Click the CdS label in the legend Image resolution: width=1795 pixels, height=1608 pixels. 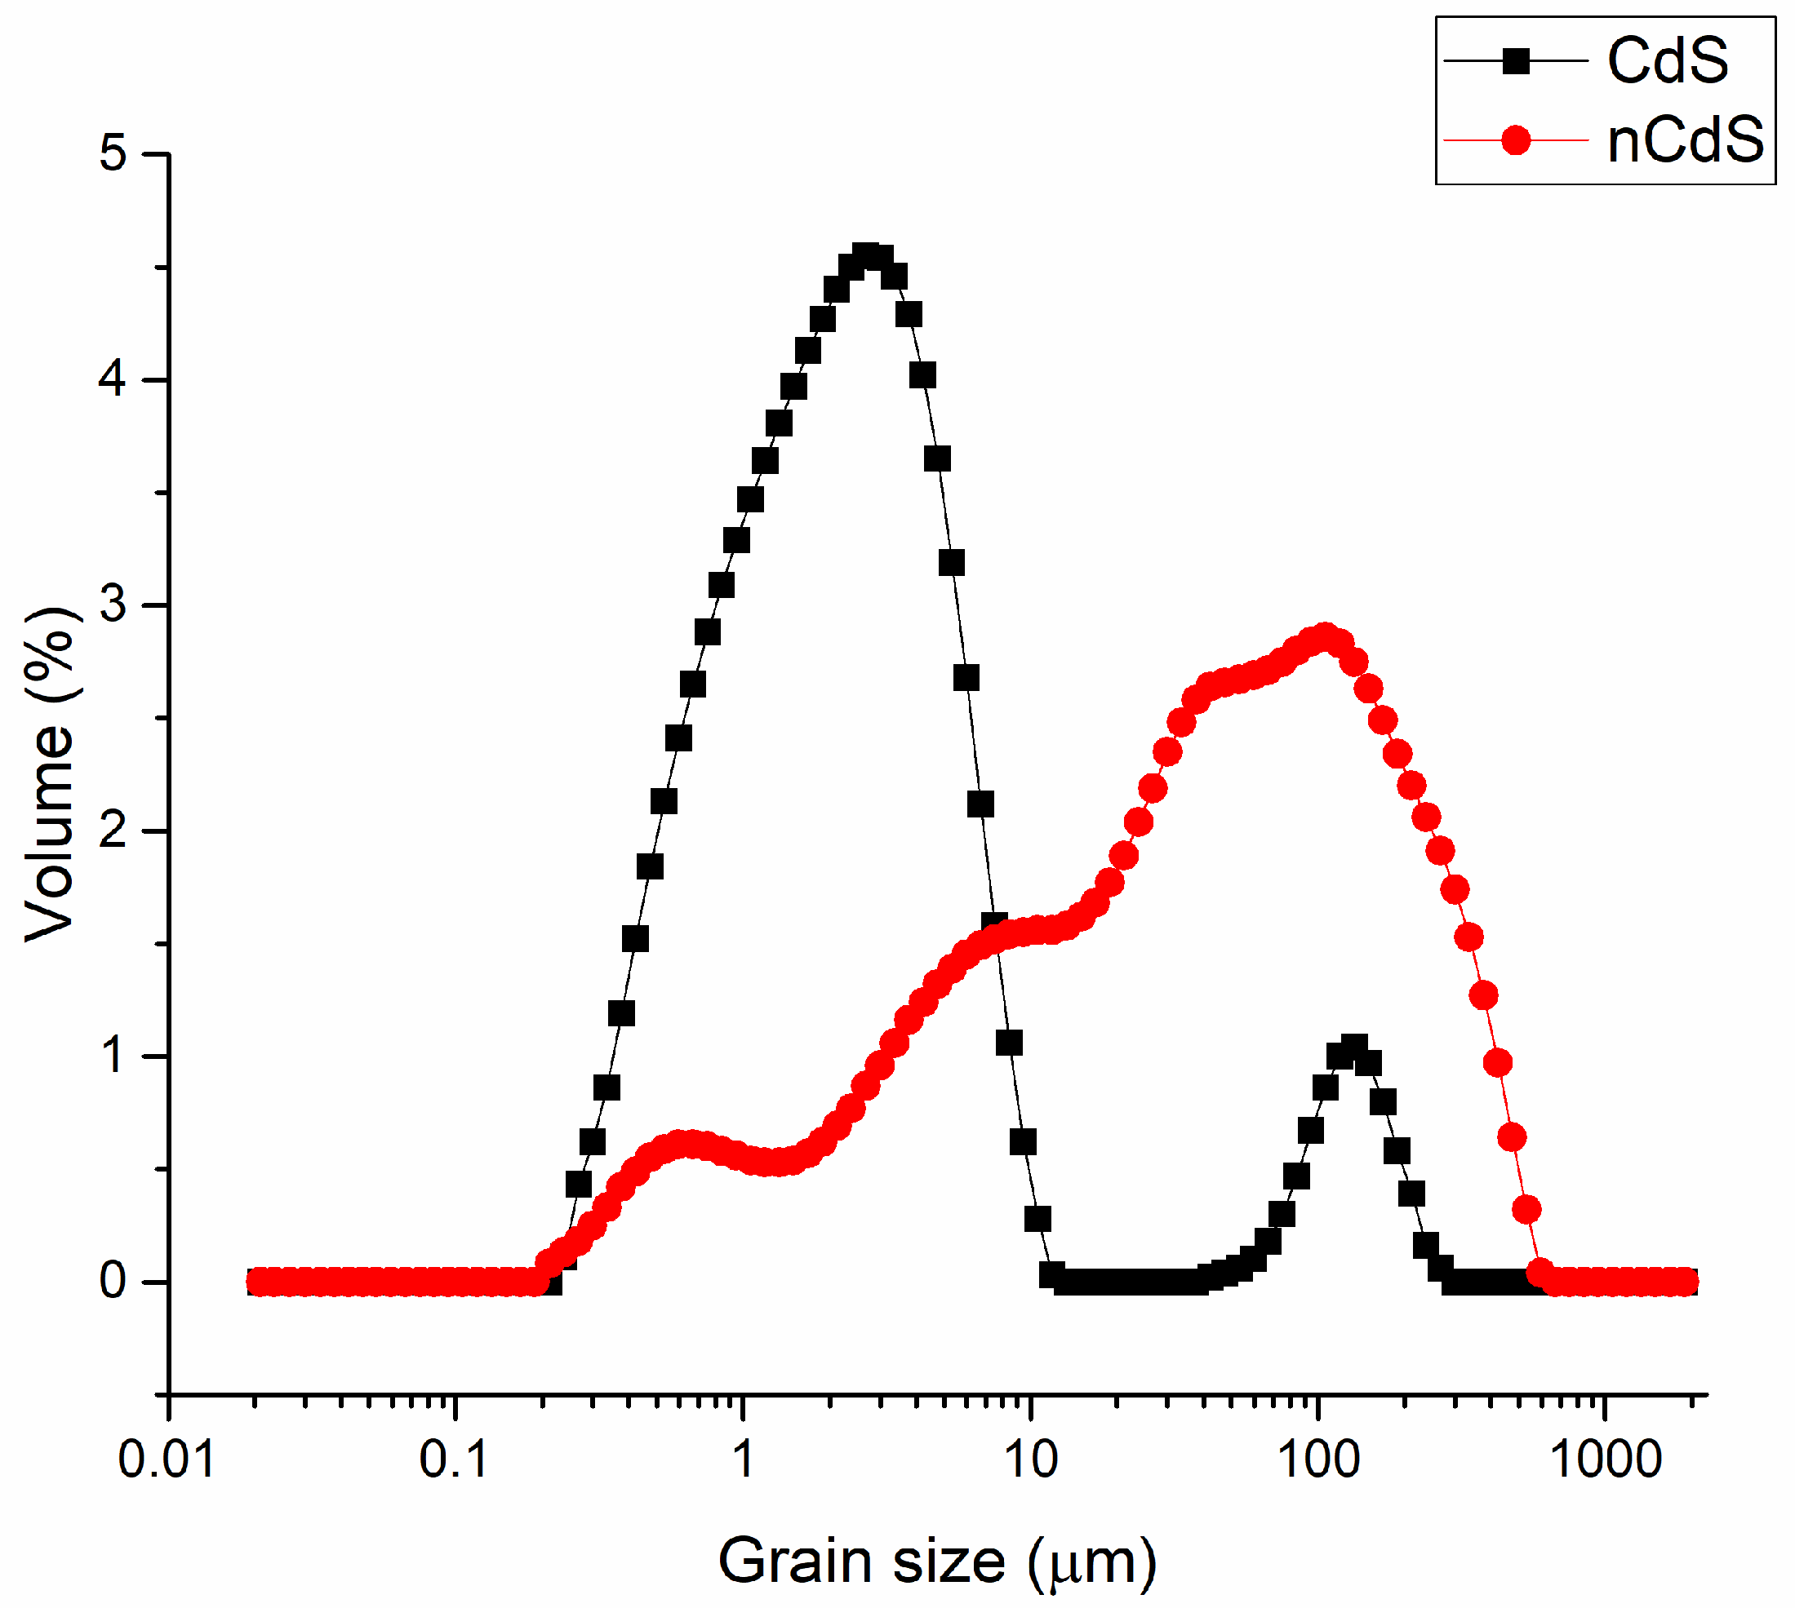[1666, 61]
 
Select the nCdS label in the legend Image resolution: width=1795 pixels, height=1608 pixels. [1684, 140]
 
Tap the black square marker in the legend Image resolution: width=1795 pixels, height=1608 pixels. [1515, 61]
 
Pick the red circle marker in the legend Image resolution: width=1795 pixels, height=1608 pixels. [1515, 140]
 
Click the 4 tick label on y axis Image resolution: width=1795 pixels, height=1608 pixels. [113, 380]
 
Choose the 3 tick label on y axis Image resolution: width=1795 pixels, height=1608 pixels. [113, 605]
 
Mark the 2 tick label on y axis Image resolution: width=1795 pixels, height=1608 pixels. [113, 831]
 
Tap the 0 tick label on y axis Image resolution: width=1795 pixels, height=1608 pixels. [113, 1281]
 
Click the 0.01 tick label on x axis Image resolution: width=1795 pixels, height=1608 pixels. [167, 1460]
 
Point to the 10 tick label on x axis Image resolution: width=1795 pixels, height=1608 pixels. [1030, 1460]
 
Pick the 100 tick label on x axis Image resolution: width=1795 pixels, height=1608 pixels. [1317, 1460]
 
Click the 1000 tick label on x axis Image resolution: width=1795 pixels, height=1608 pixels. [1605, 1460]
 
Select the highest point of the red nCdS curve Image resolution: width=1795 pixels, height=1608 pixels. [1324, 637]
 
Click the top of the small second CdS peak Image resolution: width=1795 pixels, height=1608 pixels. [1353, 1048]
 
